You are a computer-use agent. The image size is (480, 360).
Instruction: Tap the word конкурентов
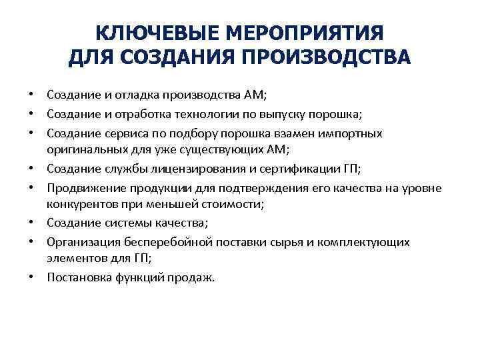click(78, 203)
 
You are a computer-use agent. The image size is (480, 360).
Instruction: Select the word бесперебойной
click(159, 241)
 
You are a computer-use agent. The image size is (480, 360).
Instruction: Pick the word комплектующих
click(370, 241)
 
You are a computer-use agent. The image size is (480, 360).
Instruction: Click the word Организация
click(80, 241)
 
